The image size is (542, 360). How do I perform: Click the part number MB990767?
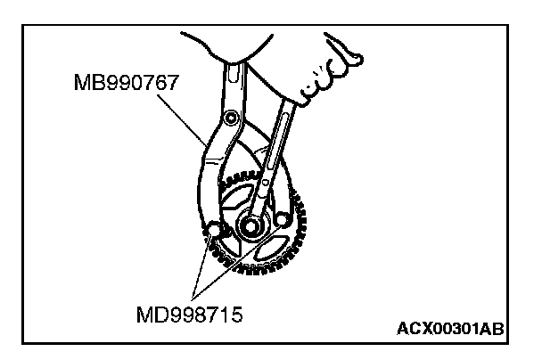point(127,82)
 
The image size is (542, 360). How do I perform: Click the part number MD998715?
point(189,315)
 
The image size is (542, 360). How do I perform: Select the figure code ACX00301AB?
point(450,329)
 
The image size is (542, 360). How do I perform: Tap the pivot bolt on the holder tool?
point(231,119)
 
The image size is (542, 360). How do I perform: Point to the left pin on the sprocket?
point(213,229)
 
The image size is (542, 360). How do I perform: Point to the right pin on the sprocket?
point(282,219)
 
